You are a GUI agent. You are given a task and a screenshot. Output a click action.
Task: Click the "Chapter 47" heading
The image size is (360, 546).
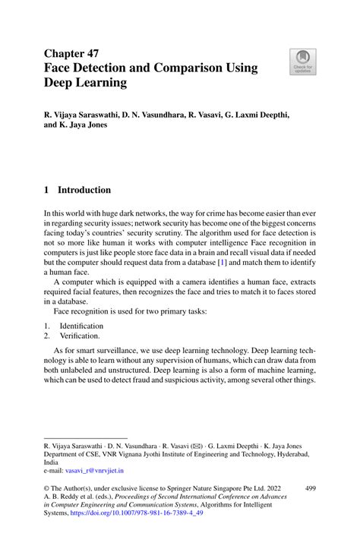point(76,53)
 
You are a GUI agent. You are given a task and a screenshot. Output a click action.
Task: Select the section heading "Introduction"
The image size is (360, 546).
point(86,190)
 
